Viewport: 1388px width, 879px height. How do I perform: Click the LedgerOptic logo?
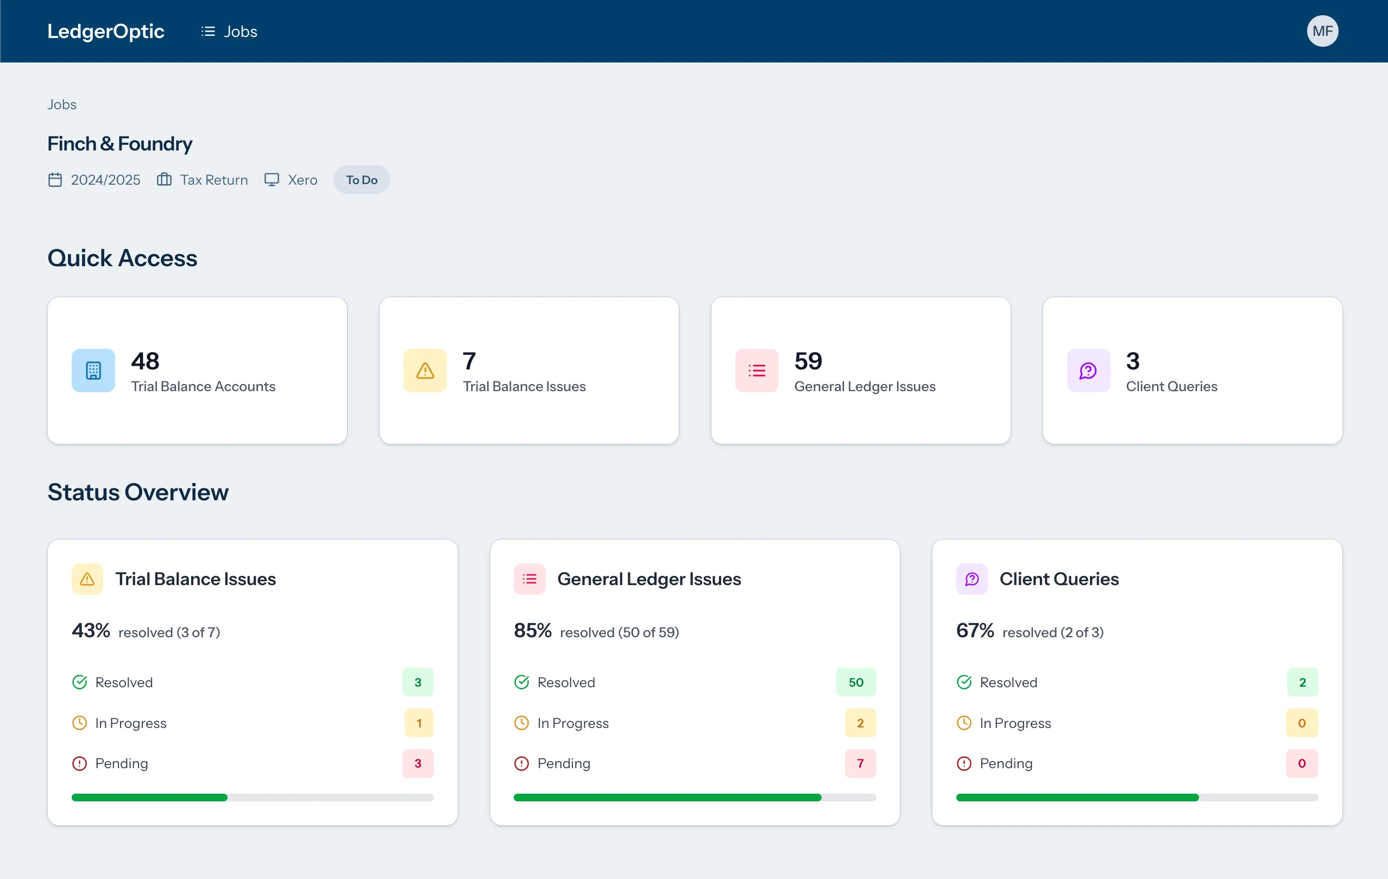click(x=105, y=31)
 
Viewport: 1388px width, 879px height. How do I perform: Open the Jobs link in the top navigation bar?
click(x=229, y=31)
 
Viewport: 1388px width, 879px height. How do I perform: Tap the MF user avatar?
click(x=1322, y=31)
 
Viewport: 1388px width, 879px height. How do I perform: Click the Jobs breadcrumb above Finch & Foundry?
click(x=62, y=104)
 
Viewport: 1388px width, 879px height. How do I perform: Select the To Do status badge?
click(x=362, y=180)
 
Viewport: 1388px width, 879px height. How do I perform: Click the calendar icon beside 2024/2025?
click(x=55, y=180)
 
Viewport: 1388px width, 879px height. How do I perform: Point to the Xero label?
click(x=302, y=180)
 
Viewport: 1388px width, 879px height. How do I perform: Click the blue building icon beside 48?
click(x=93, y=371)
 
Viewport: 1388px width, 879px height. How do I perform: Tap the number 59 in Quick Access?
click(x=807, y=361)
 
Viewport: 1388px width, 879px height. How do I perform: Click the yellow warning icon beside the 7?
click(x=425, y=371)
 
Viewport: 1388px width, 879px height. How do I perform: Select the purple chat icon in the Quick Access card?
click(x=1088, y=371)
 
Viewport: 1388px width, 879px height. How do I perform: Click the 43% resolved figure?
click(x=91, y=630)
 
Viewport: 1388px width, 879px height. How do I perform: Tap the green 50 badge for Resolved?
click(x=855, y=682)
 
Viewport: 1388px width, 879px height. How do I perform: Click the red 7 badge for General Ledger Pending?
click(x=860, y=763)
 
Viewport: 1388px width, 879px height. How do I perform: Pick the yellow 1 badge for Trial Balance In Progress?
click(x=419, y=723)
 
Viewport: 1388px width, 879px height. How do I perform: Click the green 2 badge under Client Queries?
click(x=1302, y=682)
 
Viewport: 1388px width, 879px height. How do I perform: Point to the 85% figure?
click(x=533, y=630)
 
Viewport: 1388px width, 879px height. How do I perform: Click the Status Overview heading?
click(x=138, y=492)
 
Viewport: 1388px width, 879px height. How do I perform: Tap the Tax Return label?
click(x=214, y=180)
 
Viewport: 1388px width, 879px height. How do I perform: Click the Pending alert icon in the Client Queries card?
click(x=964, y=763)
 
